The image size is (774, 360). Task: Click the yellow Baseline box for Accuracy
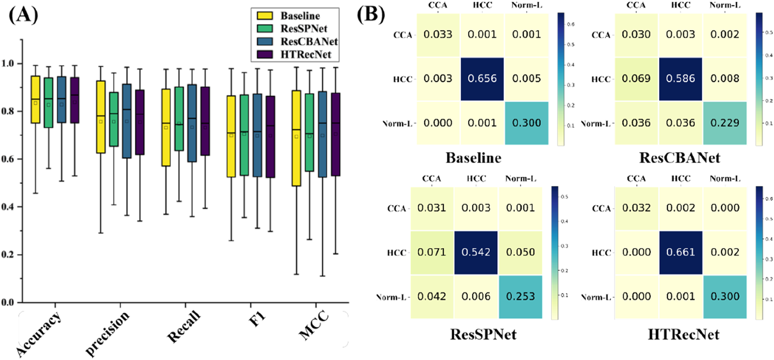35,100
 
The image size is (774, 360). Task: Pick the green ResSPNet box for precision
114,119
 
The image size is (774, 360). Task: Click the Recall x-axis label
183,327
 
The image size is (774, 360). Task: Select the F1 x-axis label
257,320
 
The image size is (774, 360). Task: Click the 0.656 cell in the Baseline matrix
482,79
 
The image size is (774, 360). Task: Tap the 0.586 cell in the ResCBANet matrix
681,79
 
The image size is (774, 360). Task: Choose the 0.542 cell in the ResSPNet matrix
476,253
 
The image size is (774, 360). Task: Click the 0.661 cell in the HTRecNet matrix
681,253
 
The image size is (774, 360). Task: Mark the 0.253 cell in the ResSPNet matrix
520,297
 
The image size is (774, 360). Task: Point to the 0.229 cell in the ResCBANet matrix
725,123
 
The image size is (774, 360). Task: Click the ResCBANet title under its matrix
679,158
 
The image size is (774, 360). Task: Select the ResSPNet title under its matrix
483,335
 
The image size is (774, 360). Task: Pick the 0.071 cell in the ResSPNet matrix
432,253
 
